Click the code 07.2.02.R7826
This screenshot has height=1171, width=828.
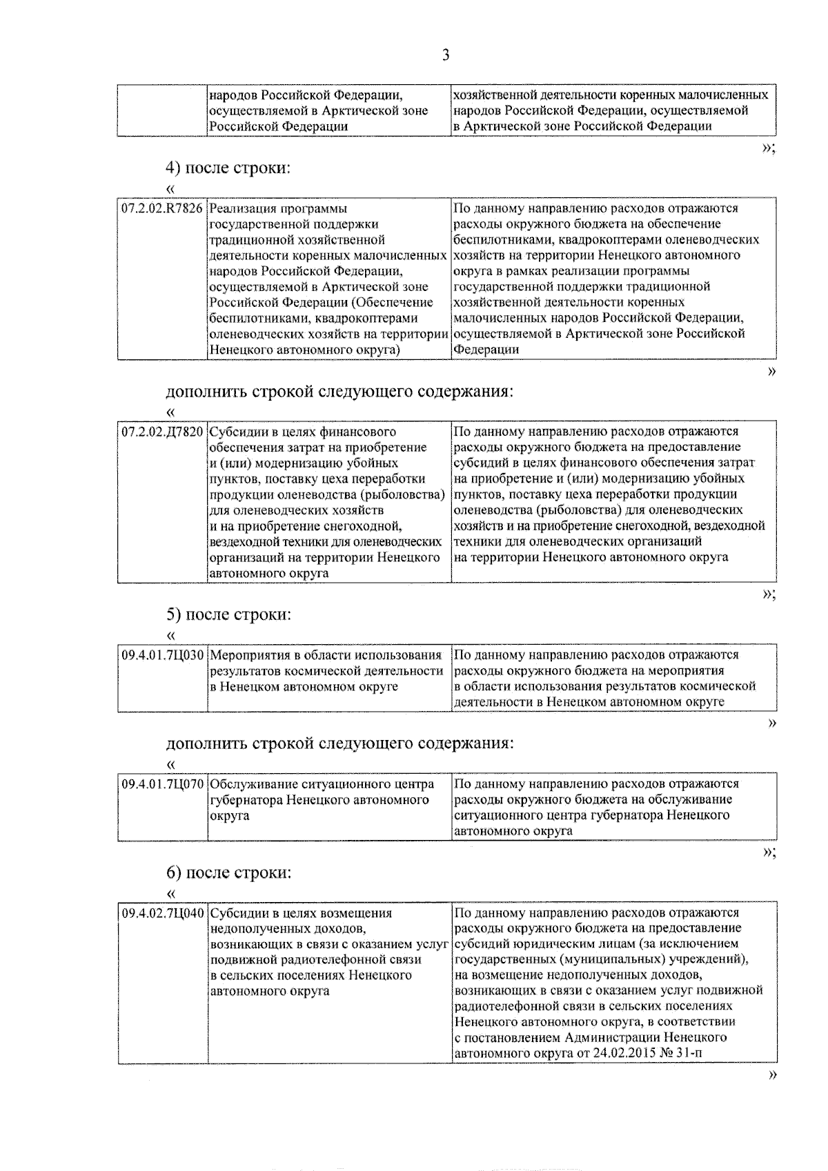tap(162, 208)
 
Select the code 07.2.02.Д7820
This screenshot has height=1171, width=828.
tap(162, 432)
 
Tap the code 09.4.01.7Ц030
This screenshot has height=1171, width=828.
tap(163, 655)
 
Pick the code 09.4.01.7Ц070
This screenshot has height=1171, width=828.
tap(163, 785)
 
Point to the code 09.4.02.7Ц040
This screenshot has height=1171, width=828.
tap(163, 914)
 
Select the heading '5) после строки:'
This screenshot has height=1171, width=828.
tap(228, 614)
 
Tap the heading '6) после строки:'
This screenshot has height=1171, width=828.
tap(228, 872)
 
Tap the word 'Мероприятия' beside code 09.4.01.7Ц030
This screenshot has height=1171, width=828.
tap(249, 655)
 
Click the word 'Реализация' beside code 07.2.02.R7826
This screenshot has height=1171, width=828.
tap(241, 208)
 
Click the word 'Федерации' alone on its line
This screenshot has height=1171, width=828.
tap(486, 350)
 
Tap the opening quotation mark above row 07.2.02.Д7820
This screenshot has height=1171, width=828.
tap(171, 413)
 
